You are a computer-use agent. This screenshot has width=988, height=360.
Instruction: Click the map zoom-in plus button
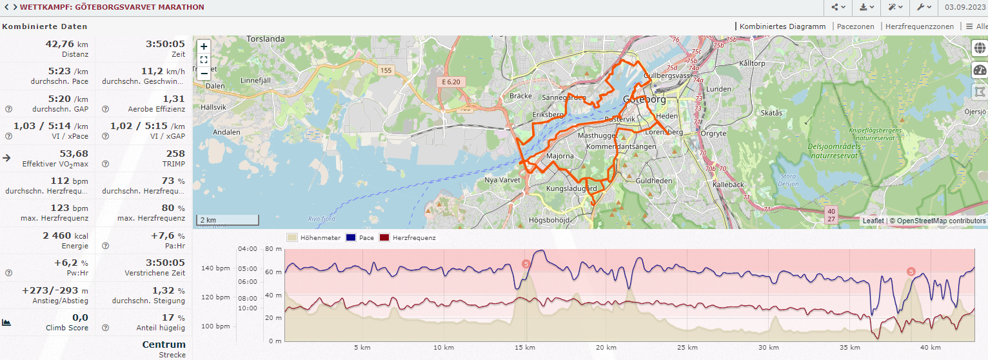tap(204, 46)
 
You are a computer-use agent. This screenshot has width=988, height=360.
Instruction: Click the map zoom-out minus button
tap(204, 73)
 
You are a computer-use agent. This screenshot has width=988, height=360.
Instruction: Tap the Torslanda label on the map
tap(266, 39)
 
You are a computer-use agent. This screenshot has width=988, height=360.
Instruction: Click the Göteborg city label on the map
tap(645, 99)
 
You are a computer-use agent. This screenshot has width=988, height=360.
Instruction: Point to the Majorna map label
tap(560, 156)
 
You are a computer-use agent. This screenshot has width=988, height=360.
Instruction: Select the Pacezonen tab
tap(855, 26)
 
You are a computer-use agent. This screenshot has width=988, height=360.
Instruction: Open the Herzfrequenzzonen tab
tap(919, 26)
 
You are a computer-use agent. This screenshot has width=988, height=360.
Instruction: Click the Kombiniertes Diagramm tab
tap(782, 26)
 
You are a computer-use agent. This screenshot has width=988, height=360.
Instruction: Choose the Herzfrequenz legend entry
tap(414, 237)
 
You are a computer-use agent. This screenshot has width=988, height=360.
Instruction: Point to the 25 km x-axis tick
tap(686, 347)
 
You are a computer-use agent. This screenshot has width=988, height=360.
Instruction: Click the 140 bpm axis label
tap(216, 268)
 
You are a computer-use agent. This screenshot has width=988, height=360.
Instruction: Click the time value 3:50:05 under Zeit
tap(165, 44)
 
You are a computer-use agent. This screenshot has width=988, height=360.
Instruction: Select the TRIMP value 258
tap(175, 154)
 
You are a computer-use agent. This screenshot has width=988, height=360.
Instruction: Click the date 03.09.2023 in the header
tap(965, 7)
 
